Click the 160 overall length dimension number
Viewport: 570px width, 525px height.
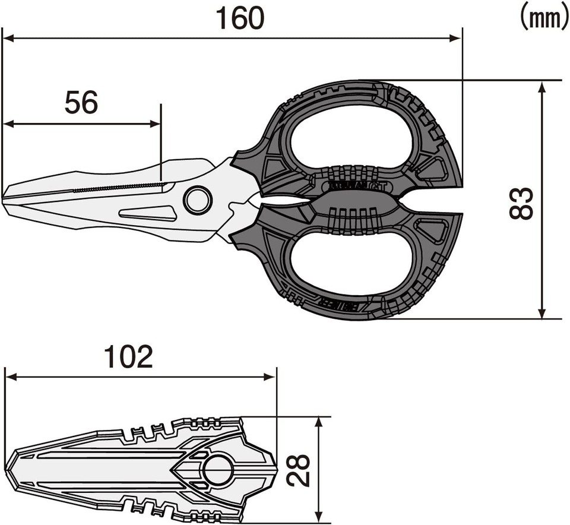[239, 19]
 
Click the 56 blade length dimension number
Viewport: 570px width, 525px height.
[81, 103]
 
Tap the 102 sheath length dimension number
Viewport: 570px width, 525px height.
[128, 356]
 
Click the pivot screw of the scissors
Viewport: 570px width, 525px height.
[197, 200]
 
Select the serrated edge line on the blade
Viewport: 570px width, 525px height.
[119, 188]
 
